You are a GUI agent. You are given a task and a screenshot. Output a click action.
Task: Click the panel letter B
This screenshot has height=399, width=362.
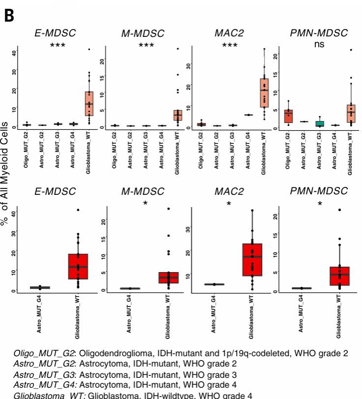(9, 15)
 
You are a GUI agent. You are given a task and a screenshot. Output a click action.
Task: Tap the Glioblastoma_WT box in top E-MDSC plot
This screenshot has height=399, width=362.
(89, 103)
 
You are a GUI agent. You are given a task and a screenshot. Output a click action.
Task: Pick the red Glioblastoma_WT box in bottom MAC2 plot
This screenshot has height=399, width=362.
(252, 259)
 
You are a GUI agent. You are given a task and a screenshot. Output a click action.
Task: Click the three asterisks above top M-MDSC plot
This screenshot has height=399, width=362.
(146, 46)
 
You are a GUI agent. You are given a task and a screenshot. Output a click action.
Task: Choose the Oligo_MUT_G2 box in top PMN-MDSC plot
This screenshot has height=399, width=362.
(289, 116)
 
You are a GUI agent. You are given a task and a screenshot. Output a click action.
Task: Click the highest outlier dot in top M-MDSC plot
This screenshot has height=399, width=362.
(178, 49)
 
